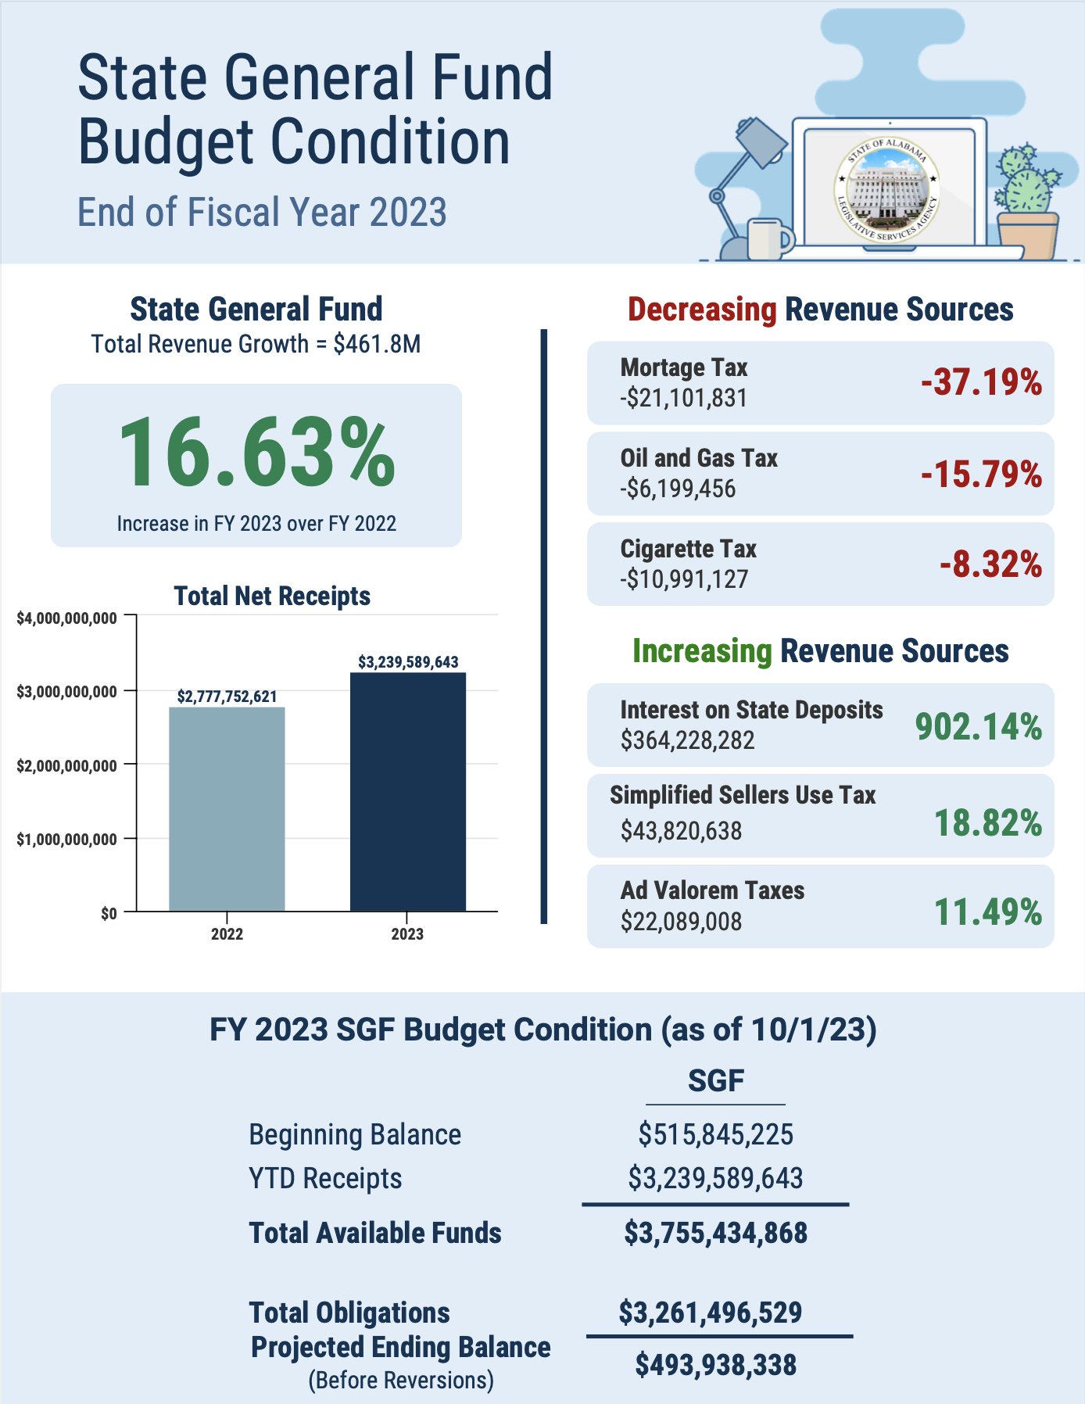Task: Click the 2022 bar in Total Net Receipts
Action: coord(227,809)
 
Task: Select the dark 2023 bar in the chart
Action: coord(408,792)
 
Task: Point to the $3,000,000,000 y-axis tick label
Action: coord(66,692)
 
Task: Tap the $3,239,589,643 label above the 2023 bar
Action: coord(408,662)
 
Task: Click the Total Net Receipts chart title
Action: coord(272,596)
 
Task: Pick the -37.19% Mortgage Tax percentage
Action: coord(981,383)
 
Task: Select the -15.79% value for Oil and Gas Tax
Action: coord(981,475)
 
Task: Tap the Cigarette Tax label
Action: coord(689,549)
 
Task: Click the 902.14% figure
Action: coord(979,727)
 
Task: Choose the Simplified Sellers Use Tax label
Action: coord(743,795)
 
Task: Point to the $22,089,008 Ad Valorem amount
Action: coord(681,922)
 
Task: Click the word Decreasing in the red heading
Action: coord(703,310)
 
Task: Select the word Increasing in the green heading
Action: coord(702,651)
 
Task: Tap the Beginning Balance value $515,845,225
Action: coord(715,1134)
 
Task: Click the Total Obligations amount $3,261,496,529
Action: coord(711,1313)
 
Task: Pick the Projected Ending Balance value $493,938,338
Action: coord(715,1366)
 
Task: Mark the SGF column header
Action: coord(716,1081)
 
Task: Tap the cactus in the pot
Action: coord(1026,180)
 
